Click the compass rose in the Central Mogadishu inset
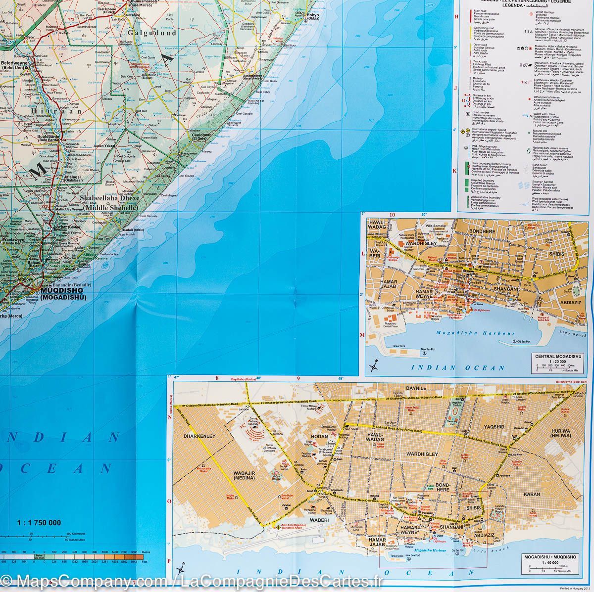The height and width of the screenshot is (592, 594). point(374,366)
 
